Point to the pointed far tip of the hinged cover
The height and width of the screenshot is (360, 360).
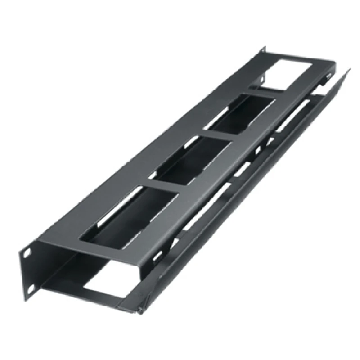point(349,70)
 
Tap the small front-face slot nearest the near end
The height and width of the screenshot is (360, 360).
point(159,256)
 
